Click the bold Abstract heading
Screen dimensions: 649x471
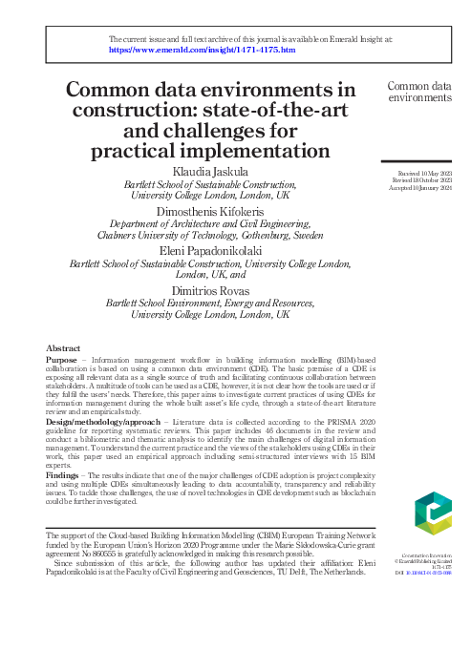pyautogui.click(x=63, y=349)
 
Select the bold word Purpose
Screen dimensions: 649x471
pyautogui.click(x=63, y=361)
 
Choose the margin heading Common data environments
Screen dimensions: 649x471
pyautogui.click(x=419, y=92)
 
